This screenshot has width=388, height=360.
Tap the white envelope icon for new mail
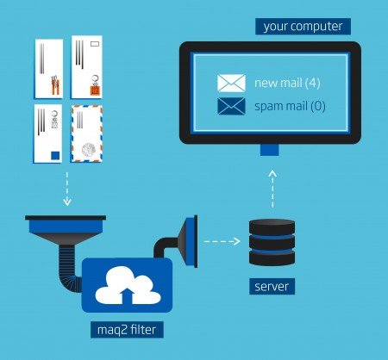pos(232,84)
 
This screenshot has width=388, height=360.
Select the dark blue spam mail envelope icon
pos(232,107)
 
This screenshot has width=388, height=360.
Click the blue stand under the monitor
pos(270,150)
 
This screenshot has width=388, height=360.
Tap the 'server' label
pos(272,285)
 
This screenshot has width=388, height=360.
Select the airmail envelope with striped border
pos(92,134)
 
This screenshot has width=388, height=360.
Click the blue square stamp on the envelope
pos(55,154)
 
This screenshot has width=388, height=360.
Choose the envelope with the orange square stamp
pos(92,68)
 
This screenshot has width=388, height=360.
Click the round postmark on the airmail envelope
pos(86,150)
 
